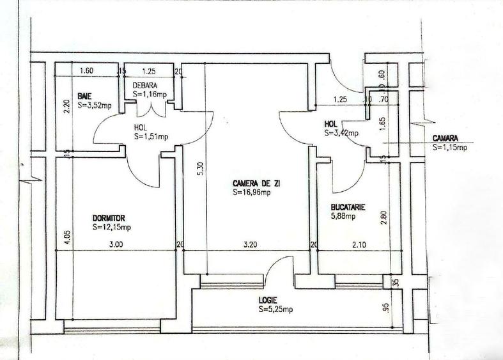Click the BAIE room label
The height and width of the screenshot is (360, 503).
[84, 96]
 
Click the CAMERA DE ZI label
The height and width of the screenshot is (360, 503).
[256, 183]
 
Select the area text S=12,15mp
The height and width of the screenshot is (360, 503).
[112, 227]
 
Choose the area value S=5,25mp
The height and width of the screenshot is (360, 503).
[272, 310]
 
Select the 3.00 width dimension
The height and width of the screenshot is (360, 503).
[115, 244]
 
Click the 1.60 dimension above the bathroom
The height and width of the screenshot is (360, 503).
[86, 71]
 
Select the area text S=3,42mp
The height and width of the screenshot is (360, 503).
[342, 133]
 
